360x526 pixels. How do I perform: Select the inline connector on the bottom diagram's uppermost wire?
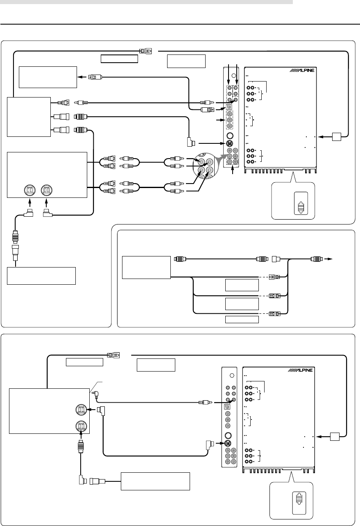pos(113,355)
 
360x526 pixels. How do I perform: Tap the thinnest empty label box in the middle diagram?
pos(242,320)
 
